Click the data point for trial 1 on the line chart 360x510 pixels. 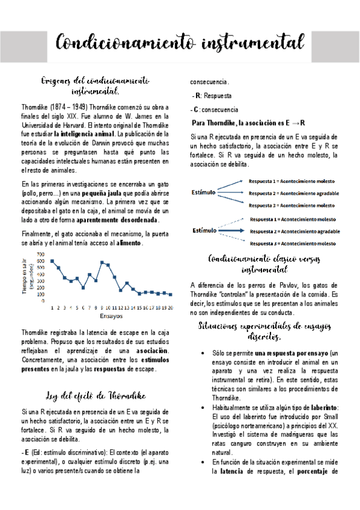(52, 261)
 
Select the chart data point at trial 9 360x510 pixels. (102, 262)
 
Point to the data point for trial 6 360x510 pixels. (83, 287)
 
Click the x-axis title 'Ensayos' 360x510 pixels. (111, 315)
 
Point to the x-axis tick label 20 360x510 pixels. (171, 307)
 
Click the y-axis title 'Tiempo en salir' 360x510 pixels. (25, 277)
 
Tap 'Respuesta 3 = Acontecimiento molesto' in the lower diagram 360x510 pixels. (293, 243)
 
